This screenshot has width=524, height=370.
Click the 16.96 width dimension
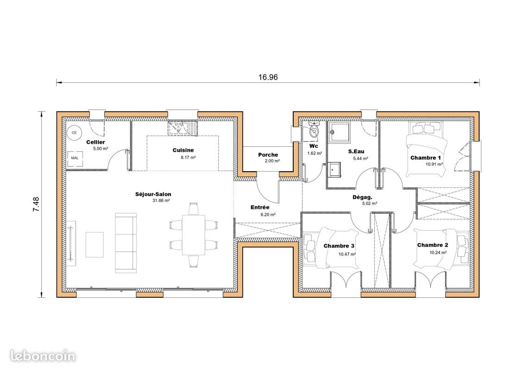pyautogui.click(x=268, y=77)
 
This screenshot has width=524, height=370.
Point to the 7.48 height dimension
pyautogui.click(x=36, y=204)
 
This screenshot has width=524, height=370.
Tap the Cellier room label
pyautogui.click(x=95, y=142)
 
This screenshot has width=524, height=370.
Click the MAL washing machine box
pyautogui.click(x=75, y=158)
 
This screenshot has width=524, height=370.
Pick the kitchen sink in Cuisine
pyautogui.click(x=183, y=127)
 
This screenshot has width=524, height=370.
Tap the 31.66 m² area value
pyautogui.click(x=161, y=201)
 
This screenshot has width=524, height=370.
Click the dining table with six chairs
pyautogui.click(x=193, y=235)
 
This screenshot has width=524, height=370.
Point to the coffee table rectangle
pyautogui.click(x=95, y=244)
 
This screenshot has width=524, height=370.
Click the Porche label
pyautogui.click(x=268, y=154)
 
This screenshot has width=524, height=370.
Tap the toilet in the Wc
pyautogui.click(x=315, y=130)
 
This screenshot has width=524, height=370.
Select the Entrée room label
pyautogui.click(x=260, y=208)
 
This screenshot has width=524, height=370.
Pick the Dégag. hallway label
pyautogui.click(x=362, y=197)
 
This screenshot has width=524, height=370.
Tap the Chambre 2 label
pyautogui.click(x=432, y=245)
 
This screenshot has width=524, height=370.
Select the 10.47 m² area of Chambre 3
pyautogui.click(x=347, y=254)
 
